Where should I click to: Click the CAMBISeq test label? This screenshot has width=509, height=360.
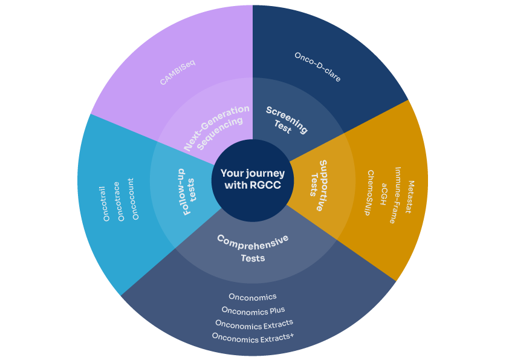click(x=178, y=71)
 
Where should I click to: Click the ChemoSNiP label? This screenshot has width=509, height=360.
click(x=370, y=193)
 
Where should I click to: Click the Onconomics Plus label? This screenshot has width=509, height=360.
click(x=253, y=310)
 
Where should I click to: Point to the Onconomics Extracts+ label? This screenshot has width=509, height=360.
click(x=253, y=337)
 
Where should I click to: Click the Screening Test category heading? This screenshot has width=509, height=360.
click(x=287, y=120)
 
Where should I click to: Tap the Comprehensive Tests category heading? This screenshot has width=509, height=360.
click(x=253, y=248)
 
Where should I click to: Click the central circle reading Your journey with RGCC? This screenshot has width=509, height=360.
click(x=253, y=180)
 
